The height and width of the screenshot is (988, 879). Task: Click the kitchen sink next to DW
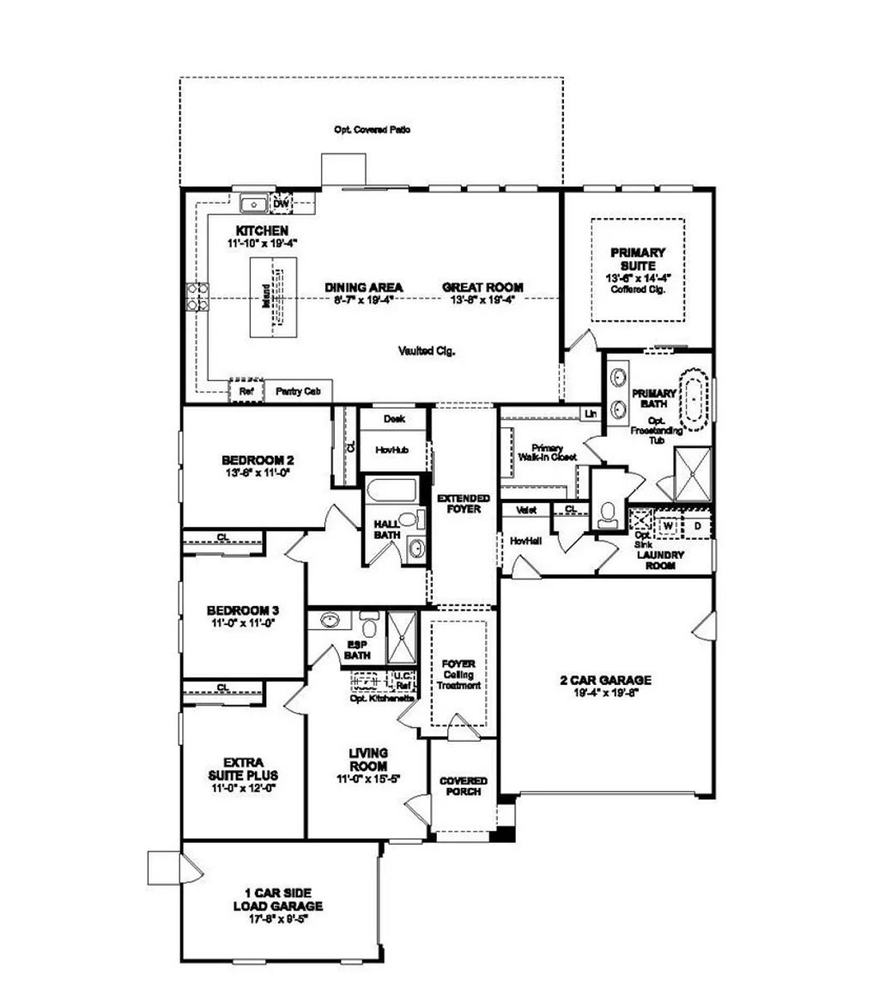click(255, 203)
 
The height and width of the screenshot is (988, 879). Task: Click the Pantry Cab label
click(298, 391)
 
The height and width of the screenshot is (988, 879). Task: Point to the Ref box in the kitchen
click(246, 391)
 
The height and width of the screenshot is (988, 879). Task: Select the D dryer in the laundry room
click(698, 524)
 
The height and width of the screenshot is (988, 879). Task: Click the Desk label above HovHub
click(394, 419)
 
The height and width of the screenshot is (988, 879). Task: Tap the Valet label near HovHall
click(526, 509)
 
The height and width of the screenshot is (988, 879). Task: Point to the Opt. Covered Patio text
click(372, 130)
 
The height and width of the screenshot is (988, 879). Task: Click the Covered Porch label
click(464, 786)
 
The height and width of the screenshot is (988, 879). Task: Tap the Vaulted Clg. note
click(427, 350)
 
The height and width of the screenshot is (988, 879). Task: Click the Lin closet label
click(591, 414)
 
